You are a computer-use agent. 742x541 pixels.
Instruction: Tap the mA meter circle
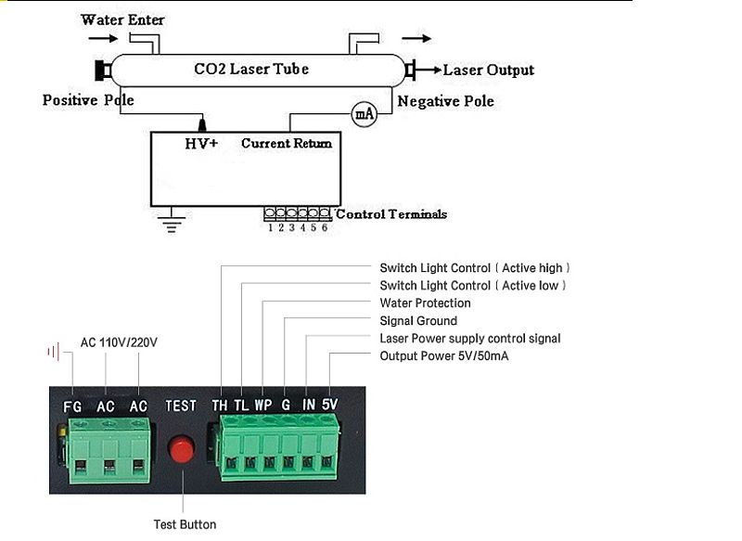(x=364, y=114)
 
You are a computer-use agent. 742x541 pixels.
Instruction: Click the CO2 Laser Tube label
(x=250, y=69)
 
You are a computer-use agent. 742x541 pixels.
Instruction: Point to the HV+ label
(x=201, y=143)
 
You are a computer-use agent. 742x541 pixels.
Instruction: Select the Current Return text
(x=287, y=143)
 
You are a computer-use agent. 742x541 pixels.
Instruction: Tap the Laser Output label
(x=488, y=71)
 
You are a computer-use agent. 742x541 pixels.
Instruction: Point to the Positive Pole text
(x=89, y=100)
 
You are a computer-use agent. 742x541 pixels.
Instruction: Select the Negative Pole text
(x=445, y=100)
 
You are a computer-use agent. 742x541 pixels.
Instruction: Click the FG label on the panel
(x=72, y=406)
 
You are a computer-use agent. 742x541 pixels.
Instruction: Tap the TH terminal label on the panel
(x=220, y=406)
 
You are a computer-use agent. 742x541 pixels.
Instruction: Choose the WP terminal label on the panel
(x=262, y=406)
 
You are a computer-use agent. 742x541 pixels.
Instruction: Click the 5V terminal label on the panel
(x=329, y=406)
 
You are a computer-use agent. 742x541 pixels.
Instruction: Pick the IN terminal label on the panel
(x=309, y=406)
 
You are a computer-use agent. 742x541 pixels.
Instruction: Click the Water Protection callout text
(x=425, y=303)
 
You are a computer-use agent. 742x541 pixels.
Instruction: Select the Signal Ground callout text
(x=418, y=321)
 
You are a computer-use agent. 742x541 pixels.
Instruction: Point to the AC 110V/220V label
(x=119, y=342)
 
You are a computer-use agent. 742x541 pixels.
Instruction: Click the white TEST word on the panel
(x=181, y=406)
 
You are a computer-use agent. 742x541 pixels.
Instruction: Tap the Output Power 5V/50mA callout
(x=444, y=356)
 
